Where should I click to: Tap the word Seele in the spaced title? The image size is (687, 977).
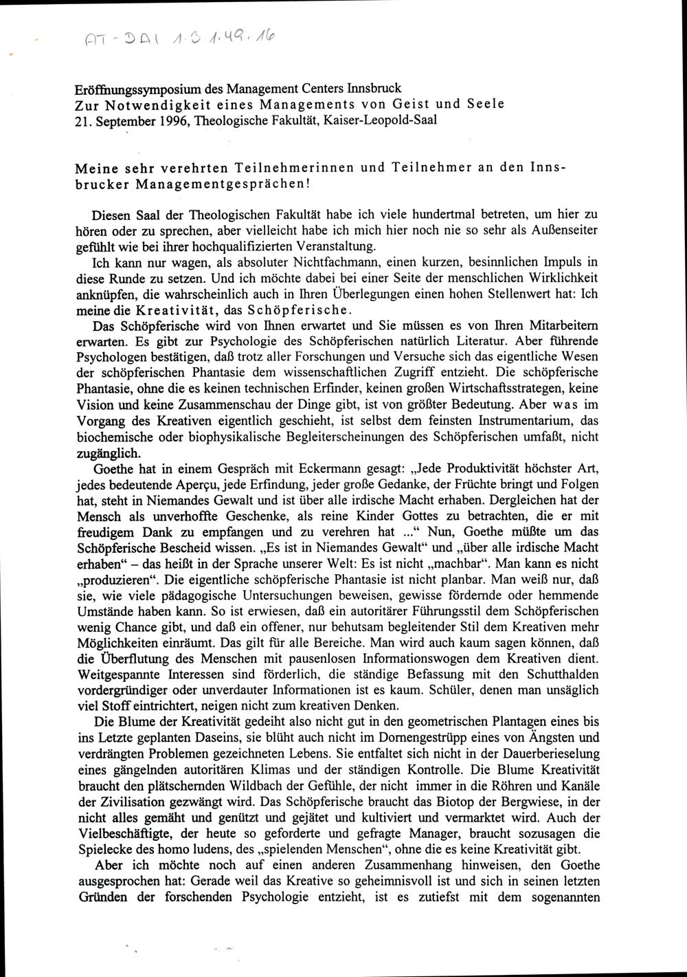coord(480,103)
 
